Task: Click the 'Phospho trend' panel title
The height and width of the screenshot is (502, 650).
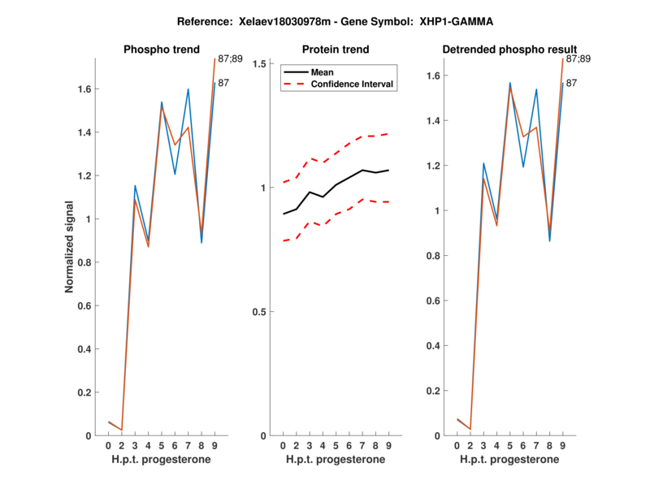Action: [161, 50]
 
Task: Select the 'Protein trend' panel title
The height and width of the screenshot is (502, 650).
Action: [335, 50]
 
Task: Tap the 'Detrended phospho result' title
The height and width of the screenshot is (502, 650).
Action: [509, 50]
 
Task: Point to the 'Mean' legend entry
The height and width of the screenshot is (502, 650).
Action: [323, 71]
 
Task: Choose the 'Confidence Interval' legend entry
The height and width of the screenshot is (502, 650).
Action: [353, 84]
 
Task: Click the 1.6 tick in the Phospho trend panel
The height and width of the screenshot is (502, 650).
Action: [85, 89]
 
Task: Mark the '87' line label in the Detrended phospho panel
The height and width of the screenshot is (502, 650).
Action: [571, 83]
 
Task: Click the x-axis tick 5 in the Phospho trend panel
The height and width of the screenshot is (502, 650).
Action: [162, 445]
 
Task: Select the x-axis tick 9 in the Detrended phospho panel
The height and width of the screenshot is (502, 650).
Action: [562, 445]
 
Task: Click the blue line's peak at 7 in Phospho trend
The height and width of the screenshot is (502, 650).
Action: [188, 89]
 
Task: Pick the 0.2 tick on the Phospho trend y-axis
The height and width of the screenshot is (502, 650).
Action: [85, 392]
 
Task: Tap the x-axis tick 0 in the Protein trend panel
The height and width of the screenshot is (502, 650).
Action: [283, 445]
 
